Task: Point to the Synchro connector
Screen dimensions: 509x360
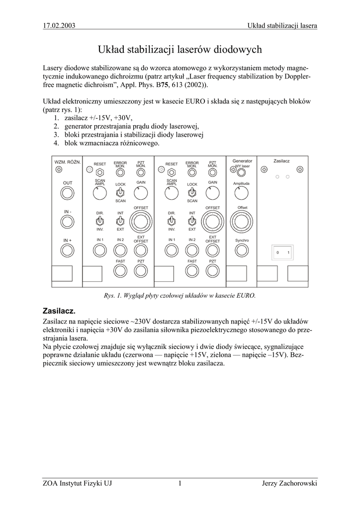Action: tap(242, 251)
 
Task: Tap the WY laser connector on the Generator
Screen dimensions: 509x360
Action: tap(242, 173)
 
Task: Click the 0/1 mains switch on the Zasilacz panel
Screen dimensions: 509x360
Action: tap(282, 253)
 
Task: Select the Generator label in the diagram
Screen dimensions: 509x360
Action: tap(242, 161)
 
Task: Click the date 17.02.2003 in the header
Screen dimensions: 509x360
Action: tap(59, 26)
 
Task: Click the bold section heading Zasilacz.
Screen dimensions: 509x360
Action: tap(60, 311)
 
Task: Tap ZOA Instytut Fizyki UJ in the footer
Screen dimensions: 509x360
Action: tap(77, 484)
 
